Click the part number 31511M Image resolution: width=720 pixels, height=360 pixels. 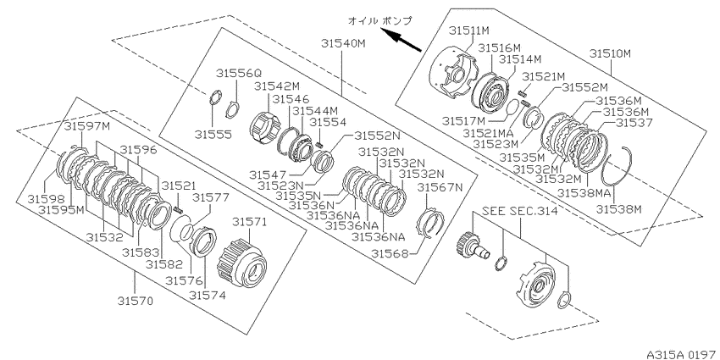[469, 30]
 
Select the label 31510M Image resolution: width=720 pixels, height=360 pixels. [611, 53]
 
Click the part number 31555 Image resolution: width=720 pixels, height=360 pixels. [213, 134]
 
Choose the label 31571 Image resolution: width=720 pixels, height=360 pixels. [250, 222]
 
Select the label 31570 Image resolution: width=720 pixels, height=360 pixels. [135, 301]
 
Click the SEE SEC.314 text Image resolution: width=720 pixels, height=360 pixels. [520, 211]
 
